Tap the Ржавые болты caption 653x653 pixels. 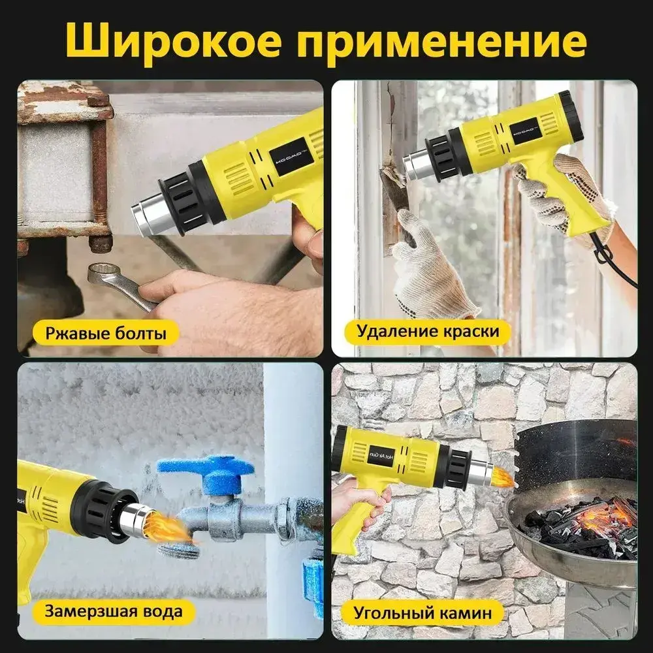(x=106, y=333)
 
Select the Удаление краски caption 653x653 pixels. (x=428, y=331)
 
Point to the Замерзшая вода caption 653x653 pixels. (x=113, y=611)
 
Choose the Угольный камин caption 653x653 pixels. (x=422, y=613)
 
